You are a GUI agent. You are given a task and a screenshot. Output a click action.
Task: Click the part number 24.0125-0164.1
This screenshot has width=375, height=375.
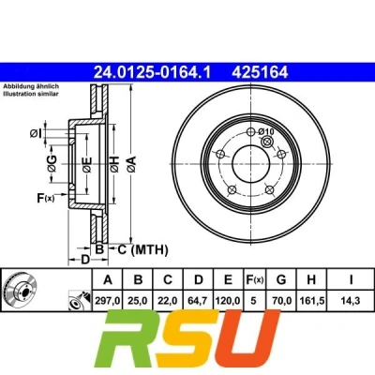click(153, 72)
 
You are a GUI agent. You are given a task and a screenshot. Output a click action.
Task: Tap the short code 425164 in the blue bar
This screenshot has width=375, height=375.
click(260, 72)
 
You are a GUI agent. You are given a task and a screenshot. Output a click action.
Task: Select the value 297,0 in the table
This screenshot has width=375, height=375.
click(108, 301)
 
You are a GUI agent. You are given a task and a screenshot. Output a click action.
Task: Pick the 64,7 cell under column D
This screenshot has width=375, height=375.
click(199, 301)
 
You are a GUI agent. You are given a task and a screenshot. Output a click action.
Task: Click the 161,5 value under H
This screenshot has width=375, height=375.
click(312, 301)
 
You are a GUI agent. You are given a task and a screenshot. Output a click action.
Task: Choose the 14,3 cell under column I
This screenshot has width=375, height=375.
click(351, 301)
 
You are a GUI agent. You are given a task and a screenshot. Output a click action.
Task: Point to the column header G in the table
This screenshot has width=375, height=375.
click(281, 279)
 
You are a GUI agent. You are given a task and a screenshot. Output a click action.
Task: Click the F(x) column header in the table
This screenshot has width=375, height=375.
click(254, 279)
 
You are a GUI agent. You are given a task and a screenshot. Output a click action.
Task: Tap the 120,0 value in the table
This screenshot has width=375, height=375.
click(229, 301)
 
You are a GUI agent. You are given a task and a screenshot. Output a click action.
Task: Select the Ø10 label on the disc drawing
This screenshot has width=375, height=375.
click(266, 132)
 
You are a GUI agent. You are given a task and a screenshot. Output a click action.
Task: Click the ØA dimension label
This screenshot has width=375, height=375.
click(131, 164)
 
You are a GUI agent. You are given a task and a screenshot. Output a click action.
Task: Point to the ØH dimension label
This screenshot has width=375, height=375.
click(114, 164)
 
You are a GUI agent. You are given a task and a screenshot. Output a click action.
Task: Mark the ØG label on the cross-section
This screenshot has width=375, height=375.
click(52, 163)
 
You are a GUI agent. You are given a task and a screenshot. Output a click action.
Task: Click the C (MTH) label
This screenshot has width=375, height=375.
click(142, 250)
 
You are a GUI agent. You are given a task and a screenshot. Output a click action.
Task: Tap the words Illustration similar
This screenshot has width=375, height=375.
click(31, 94)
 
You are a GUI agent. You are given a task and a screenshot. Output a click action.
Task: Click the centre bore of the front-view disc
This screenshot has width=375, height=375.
click(250, 164)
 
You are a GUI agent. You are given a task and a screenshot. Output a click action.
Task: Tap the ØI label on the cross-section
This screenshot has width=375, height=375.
click(36, 134)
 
